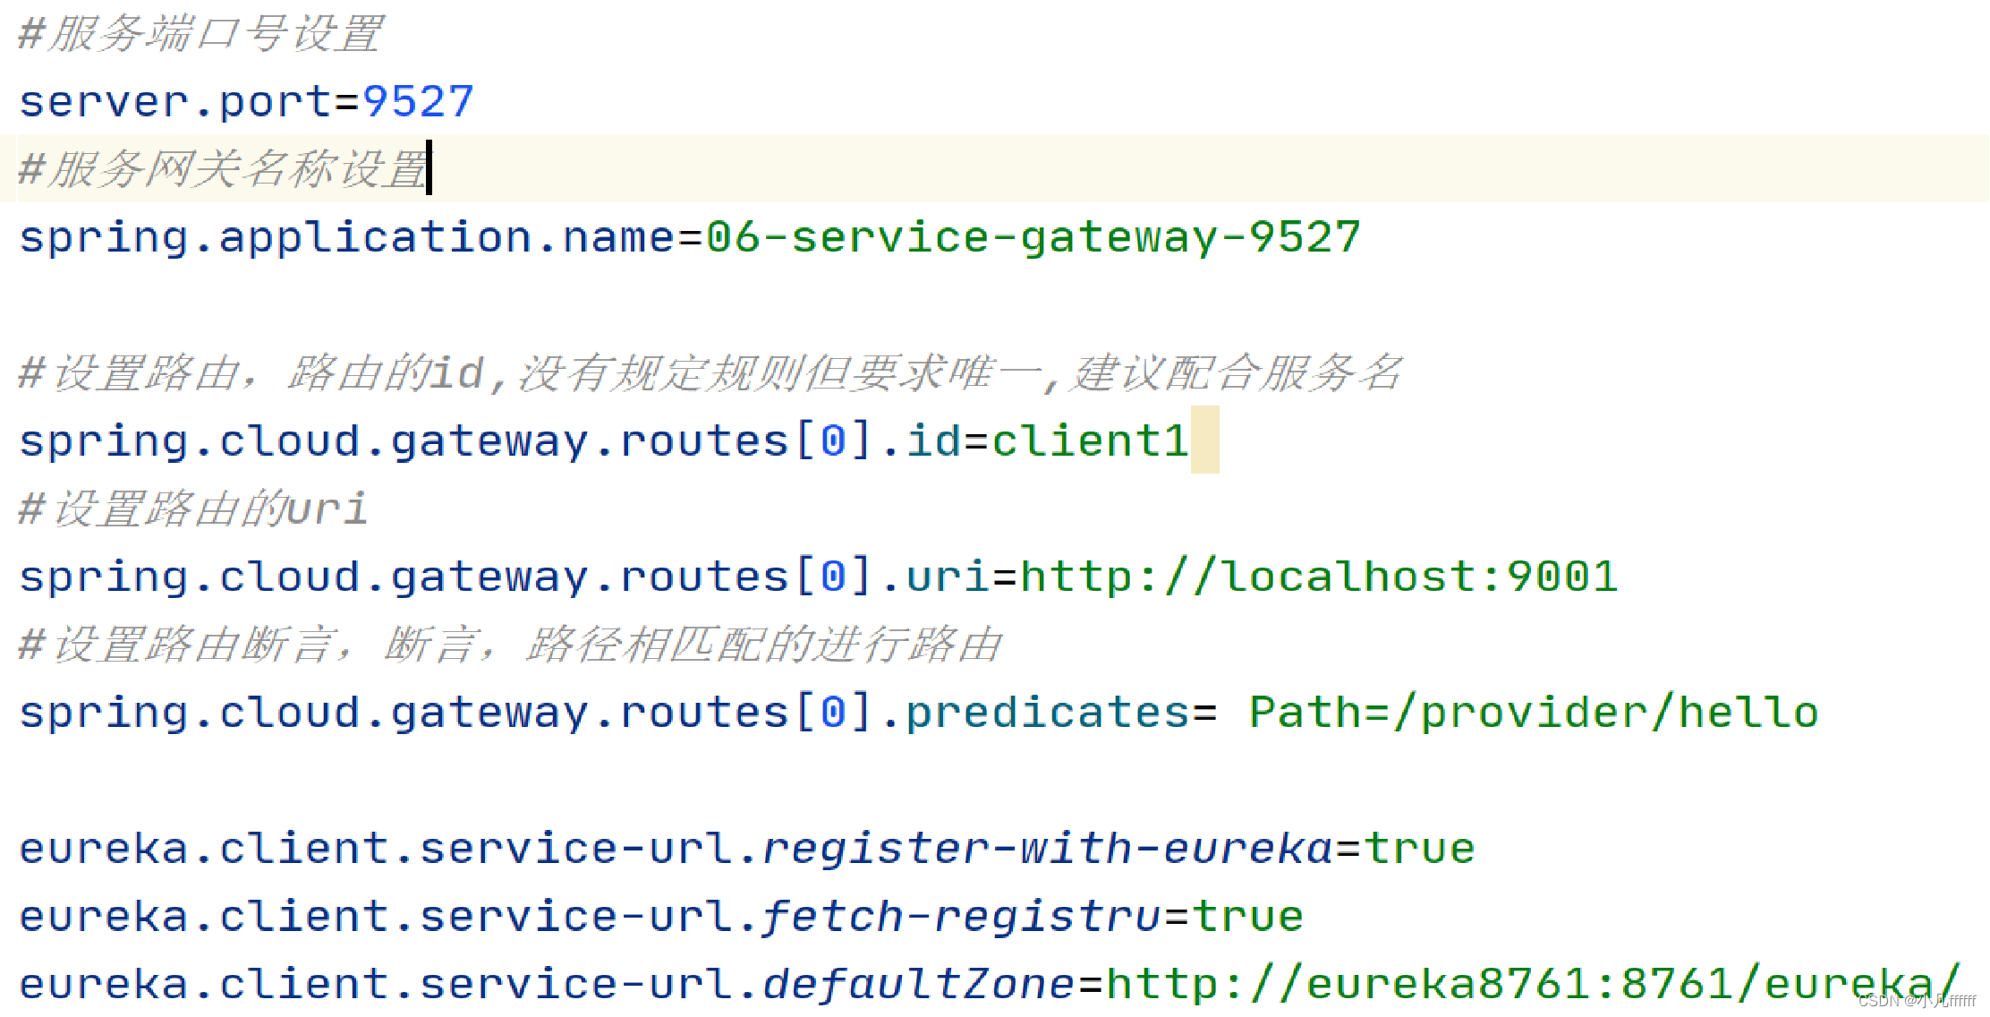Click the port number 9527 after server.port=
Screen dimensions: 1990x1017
point(418,101)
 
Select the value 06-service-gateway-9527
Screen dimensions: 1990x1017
point(1033,237)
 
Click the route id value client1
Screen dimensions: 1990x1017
point(1089,440)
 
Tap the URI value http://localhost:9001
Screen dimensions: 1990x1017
point(1319,577)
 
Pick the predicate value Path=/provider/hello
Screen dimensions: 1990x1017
point(1534,713)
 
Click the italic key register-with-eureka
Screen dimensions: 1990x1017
point(1047,849)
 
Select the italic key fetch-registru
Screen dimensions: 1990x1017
point(961,917)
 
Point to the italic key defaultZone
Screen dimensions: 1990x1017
point(918,985)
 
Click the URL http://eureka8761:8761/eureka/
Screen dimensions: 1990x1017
point(1532,985)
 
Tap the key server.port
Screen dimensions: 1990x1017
point(175,101)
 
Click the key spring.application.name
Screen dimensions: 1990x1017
point(346,237)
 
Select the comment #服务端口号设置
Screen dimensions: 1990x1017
point(201,34)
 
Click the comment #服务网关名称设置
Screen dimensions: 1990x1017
point(224,169)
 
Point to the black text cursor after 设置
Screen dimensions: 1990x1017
point(429,167)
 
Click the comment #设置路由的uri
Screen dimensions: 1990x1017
point(193,508)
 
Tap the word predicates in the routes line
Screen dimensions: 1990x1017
point(1047,713)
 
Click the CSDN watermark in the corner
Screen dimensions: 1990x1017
point(1917,1001)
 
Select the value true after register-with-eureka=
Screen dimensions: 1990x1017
point(1419,849)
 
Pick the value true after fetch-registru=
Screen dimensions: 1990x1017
point(1247,917)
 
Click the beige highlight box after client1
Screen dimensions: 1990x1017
point(1204,440)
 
